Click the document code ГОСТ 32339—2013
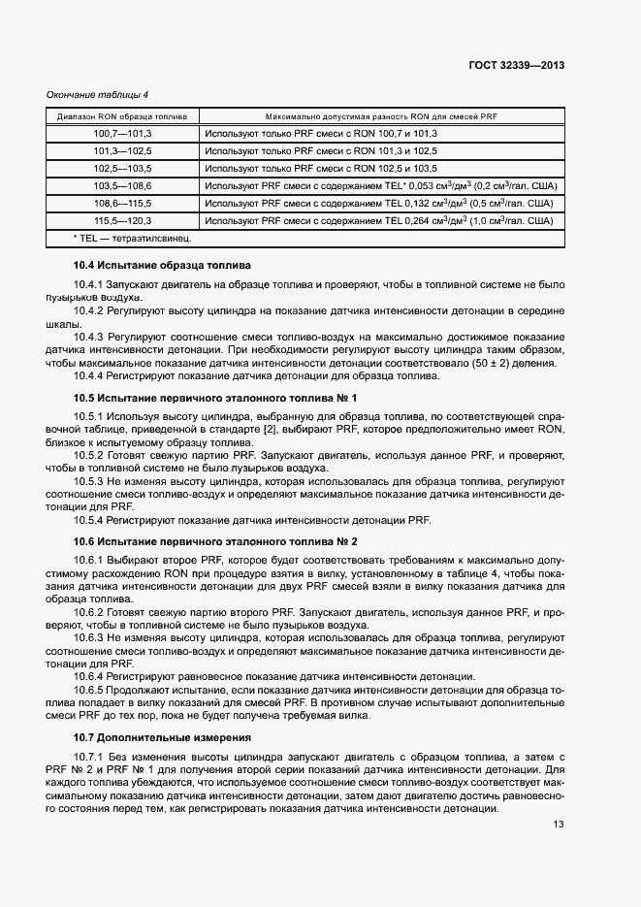pos(516,66)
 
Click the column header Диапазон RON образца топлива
pos(122,115)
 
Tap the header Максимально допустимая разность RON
pos(380,115)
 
